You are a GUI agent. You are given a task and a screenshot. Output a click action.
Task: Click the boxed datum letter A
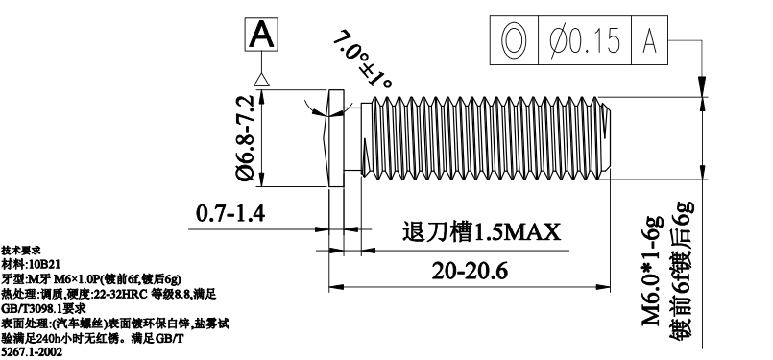tap(261, 34)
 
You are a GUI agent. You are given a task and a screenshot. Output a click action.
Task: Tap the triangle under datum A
tap(261, 80)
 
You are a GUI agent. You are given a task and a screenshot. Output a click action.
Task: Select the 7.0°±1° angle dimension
tap(362, 60)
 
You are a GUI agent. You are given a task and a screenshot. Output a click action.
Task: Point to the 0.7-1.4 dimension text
tap(230, 213)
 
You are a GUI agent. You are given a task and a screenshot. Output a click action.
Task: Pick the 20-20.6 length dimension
tap(470, 272)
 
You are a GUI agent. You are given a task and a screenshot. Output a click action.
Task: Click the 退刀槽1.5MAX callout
tap(482, 231)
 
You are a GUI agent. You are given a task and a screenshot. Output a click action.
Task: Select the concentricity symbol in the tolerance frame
tap(514, 40)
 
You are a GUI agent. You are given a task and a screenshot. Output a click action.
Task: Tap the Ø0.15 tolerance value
tap(584, 40)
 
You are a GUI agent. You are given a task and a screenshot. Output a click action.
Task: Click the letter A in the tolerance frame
tap(650, 41)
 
